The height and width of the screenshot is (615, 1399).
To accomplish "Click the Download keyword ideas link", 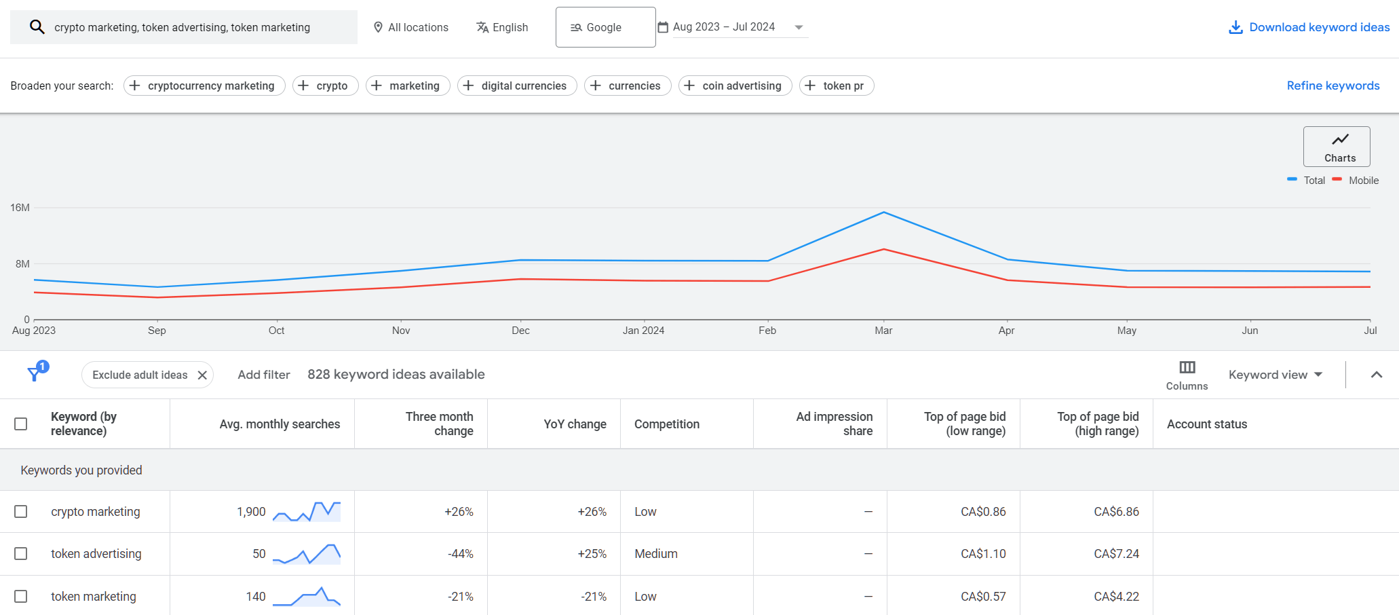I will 1309,27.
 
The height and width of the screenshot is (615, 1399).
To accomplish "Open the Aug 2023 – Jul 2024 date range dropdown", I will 733,27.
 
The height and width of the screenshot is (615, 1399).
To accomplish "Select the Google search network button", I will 605,27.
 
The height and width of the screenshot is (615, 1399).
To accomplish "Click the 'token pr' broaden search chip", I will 836,86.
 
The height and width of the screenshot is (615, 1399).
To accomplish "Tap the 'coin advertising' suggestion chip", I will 735,86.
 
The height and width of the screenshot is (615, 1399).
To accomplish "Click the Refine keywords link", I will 1333,86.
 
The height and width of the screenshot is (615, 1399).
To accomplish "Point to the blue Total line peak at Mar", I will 883,212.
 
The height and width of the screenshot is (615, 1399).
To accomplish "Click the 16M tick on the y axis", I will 20,208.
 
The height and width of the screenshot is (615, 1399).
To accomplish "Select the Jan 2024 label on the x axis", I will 643,331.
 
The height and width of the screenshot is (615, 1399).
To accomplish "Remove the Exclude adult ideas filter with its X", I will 202,375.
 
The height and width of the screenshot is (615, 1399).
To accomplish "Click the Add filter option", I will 263,375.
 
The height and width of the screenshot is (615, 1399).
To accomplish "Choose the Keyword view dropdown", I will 1275,375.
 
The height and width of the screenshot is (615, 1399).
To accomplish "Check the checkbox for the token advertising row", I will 21,554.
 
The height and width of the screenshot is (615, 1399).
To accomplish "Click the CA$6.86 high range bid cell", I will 1115,512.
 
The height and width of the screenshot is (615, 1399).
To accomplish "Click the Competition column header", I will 666,424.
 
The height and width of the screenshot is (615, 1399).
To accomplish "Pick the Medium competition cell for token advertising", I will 655,554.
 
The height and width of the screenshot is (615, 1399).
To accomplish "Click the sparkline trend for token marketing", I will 307,597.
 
